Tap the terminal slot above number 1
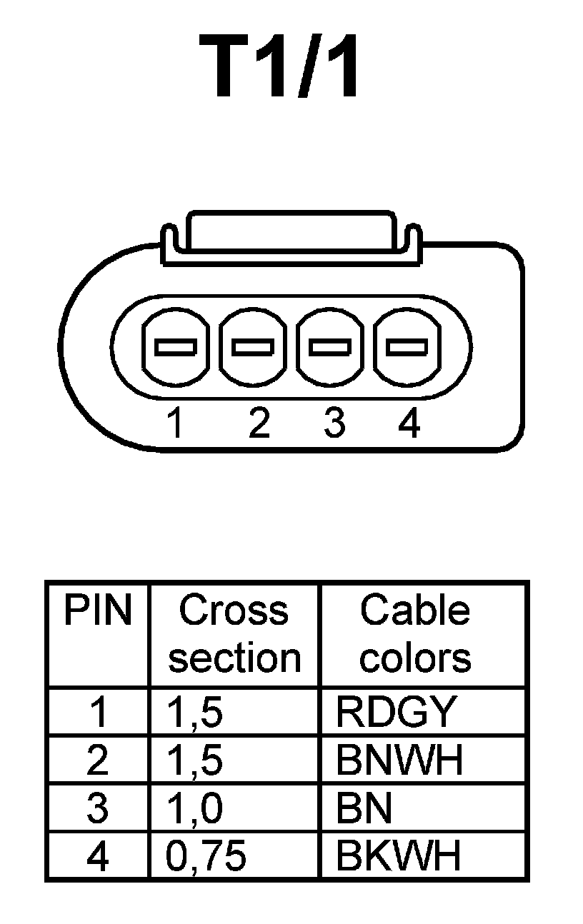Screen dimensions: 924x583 click(x=175, y=347)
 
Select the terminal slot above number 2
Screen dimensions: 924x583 click(x=252, y=347)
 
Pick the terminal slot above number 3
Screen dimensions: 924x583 click(x=329, y=347)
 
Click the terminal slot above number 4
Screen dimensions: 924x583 click(x=407, y=347)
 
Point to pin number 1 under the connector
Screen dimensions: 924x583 click(x=175, y=423)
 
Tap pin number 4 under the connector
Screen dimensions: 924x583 click(x=409, y=423)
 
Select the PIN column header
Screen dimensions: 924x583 click(x=98, y=611)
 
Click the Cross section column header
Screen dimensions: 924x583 click(x=234, y=634)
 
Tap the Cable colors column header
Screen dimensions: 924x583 click(x=415, y=634)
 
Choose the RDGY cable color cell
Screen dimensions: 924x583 click(x=395, y=712)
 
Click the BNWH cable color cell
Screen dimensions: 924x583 click(x=399, y=760)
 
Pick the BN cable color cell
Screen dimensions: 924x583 click(x=364, y=808)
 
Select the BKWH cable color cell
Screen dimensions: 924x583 click(x=399, y=855)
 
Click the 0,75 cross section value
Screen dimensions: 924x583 click(x=206, y=856)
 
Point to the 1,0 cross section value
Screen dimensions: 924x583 click(x=194, y=808)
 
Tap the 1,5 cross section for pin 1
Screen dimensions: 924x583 click(x=194, y=712)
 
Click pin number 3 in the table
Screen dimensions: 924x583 click(x=98, y=808)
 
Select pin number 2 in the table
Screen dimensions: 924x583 click(x=98, y=760)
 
